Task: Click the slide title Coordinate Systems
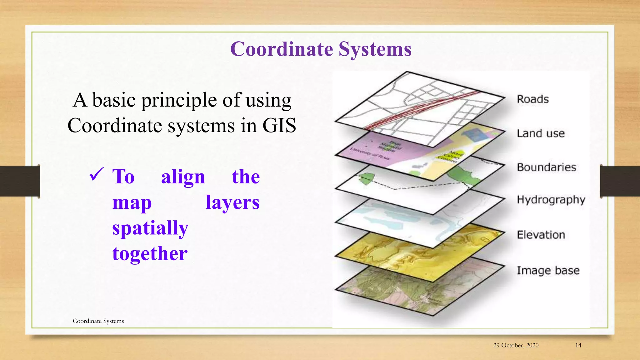click(x=321, y=49)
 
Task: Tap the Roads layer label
click(x=532, y=99)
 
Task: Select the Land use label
click(x=541, y=133)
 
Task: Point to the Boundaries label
click(x=546, y=167)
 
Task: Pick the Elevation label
click(x=541, y=235)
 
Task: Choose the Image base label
click(x=548, y=270)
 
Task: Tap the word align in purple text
click(x=183, y=177)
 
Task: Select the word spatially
click(x=150, y=228)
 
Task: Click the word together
click(x=150, y=253)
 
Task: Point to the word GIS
click(x=279, y=126)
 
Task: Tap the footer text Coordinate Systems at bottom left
click(x=98, y=321)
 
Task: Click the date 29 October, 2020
click(x=516, y=345)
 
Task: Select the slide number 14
click(x=578, y=345)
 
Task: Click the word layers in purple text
click(x=232, y=202)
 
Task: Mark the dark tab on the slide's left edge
click(x=20, y=181)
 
